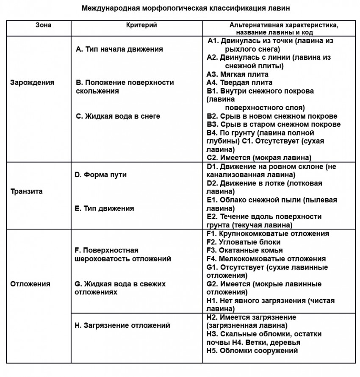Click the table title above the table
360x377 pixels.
click(x=180, y=8)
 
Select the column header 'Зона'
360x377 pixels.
click(x=43, y=25)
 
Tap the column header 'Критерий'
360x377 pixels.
click(x=141, y=25)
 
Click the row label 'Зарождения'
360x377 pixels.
click(x=32, y=83)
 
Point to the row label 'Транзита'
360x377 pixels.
click(x=26, y=191)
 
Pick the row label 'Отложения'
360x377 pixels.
click(x=30, y=284)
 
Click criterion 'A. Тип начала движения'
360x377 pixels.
click(x=119, y=49)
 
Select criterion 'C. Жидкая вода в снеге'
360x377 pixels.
click(x=118, y=116)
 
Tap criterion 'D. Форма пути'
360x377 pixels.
click(x=100, y=175)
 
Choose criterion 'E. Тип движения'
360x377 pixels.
click(x=104, y=208)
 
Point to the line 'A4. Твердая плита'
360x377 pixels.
click(x=233, y=83)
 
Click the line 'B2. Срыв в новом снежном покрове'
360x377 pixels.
click(x=272, y=116)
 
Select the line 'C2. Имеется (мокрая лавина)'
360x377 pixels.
click(x=259, y=157)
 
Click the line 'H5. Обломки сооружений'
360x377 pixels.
click(x=252, y=350)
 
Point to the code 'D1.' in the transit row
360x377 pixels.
click(x=212, y=166)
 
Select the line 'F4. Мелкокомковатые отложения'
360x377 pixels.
click(x=266, y=258)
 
